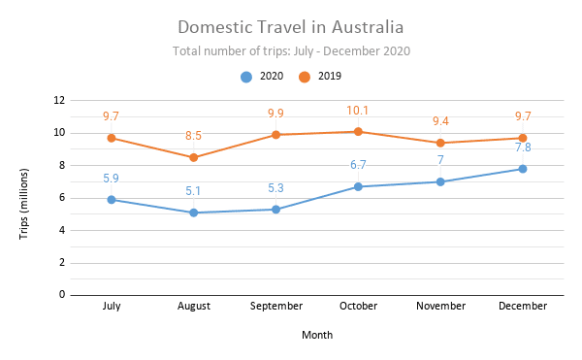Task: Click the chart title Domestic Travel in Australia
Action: [x=291, y=26]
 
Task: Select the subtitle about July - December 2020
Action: [x=291, y=50]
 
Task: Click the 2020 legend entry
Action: [x=262, y=76]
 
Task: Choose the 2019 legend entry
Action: [x=319, y=76]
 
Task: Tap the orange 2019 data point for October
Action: [x=358, y=132]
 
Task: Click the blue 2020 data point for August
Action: [x=194, y=213]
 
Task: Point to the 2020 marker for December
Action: [x=522, y=169]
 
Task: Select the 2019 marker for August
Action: [x=194, y=157]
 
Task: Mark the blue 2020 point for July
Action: [x=112, y=200]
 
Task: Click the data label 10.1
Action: [x=358, y=111]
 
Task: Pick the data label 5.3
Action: [x=275, y=188]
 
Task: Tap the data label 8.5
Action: [x=194, y=136]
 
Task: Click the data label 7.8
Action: [x=522, y=147]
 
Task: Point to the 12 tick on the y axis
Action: [x=60, y=100]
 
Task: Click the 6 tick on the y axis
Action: [x=63, y=198]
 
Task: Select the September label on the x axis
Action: [x=275, y=306]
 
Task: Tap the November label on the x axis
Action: [x=440, y=306]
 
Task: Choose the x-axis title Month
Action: [x=316, y=335]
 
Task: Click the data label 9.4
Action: [x=440, y=121]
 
